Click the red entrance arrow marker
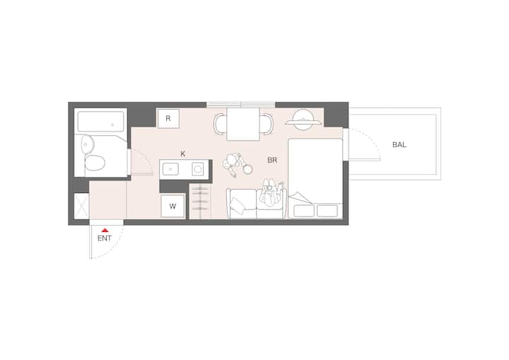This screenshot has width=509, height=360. (x=104, y=230)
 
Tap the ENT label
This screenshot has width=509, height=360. (x=105, y=238)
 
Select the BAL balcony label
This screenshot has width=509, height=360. (x=399, y=145)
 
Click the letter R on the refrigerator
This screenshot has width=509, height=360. (x=168, y=118)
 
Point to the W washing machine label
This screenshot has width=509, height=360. (x=172, y=206)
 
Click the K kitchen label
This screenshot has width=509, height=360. (x=183, y=153)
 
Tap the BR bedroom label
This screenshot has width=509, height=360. (x=272, y=160)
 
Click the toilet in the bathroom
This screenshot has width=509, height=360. (x=95, y=163)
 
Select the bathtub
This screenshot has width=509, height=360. (x=100, y=121)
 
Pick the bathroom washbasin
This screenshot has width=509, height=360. (x=87, y=144)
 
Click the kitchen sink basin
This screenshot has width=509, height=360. (x=170, y=169)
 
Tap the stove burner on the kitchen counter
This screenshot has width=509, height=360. (x=198, y=169)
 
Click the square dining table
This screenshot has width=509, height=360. (x=243, y=124)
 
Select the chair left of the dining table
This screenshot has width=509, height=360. (x=220, y=124)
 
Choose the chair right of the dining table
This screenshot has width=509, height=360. (x=267, y=124)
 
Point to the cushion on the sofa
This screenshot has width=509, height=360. (x=238, y=204)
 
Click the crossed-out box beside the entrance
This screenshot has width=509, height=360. (x=81, y=207)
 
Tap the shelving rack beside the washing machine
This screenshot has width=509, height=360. (x=200, y=201)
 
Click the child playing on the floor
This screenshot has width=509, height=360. (x=237, y=165)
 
